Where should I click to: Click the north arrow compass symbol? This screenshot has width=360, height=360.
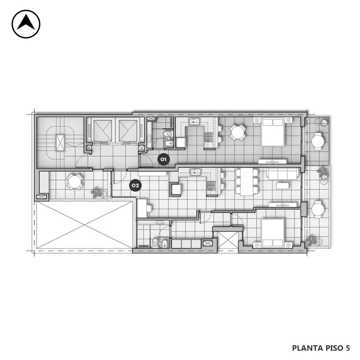click(26, 24)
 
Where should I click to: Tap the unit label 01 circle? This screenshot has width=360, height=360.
click(163, 159)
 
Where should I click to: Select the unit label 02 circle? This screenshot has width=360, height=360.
click(135, 185)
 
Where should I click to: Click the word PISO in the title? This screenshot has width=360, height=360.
click(334, 348)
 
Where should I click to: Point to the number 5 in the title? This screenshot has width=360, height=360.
click(348, 348)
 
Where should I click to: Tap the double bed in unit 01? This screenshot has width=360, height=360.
click(273, 132)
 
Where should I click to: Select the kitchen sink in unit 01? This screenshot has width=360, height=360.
click(195, 121)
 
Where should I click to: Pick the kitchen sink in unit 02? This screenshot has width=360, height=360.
click(195, 171)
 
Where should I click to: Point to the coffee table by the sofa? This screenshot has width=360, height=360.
click(283, 186)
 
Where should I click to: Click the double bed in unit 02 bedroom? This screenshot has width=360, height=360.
click(273, 233)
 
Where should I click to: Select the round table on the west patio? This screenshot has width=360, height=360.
click(74, 182)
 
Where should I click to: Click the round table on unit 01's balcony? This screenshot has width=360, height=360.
click(318, 141)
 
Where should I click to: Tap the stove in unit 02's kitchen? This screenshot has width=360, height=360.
click(210, 186)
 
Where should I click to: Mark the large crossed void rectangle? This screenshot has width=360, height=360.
click(84, 225)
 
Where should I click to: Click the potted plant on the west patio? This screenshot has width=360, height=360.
click(96, 192)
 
